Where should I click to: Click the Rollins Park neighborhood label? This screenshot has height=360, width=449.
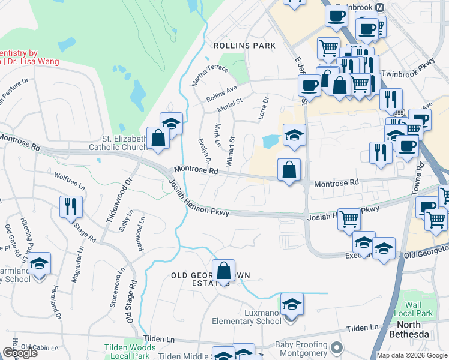tap(244, 46)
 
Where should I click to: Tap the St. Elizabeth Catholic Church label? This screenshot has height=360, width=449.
tap(118, 142)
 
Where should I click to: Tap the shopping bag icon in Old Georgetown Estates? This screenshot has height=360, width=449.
tap(223, 271)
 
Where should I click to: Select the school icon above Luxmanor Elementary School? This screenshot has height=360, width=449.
tap(292, 305)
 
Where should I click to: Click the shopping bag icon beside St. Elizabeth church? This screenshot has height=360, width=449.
tap(158, 139)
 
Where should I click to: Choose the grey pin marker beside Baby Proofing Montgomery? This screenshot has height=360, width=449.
tap(336, 348)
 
